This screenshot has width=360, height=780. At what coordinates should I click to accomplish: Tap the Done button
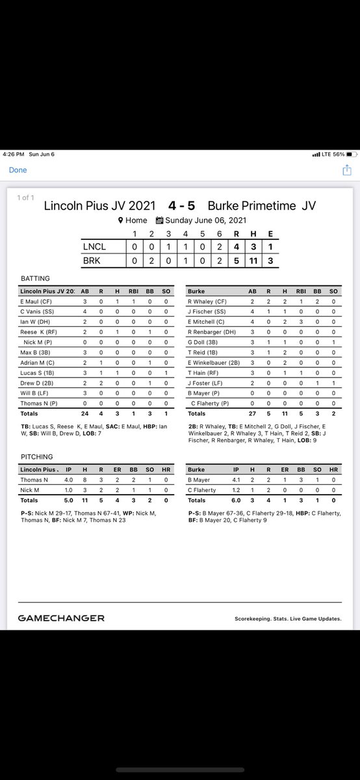(x=18, y=170)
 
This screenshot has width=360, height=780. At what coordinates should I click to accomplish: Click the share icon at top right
(x=347, y=170)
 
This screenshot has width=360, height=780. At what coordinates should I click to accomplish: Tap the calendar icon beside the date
(x=160, y=220)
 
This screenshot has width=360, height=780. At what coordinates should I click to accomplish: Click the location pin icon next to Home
(x=120, y=220)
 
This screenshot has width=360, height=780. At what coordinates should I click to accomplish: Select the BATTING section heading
(x=36, y=278)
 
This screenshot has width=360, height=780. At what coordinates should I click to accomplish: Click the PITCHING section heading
(x=38, y=457)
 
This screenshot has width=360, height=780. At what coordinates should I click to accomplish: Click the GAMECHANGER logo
(x=61, y=618)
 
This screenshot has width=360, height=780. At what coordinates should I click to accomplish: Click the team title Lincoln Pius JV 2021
(x=99, y=205)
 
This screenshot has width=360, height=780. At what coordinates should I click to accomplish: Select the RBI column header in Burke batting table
(x=300, y=291)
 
